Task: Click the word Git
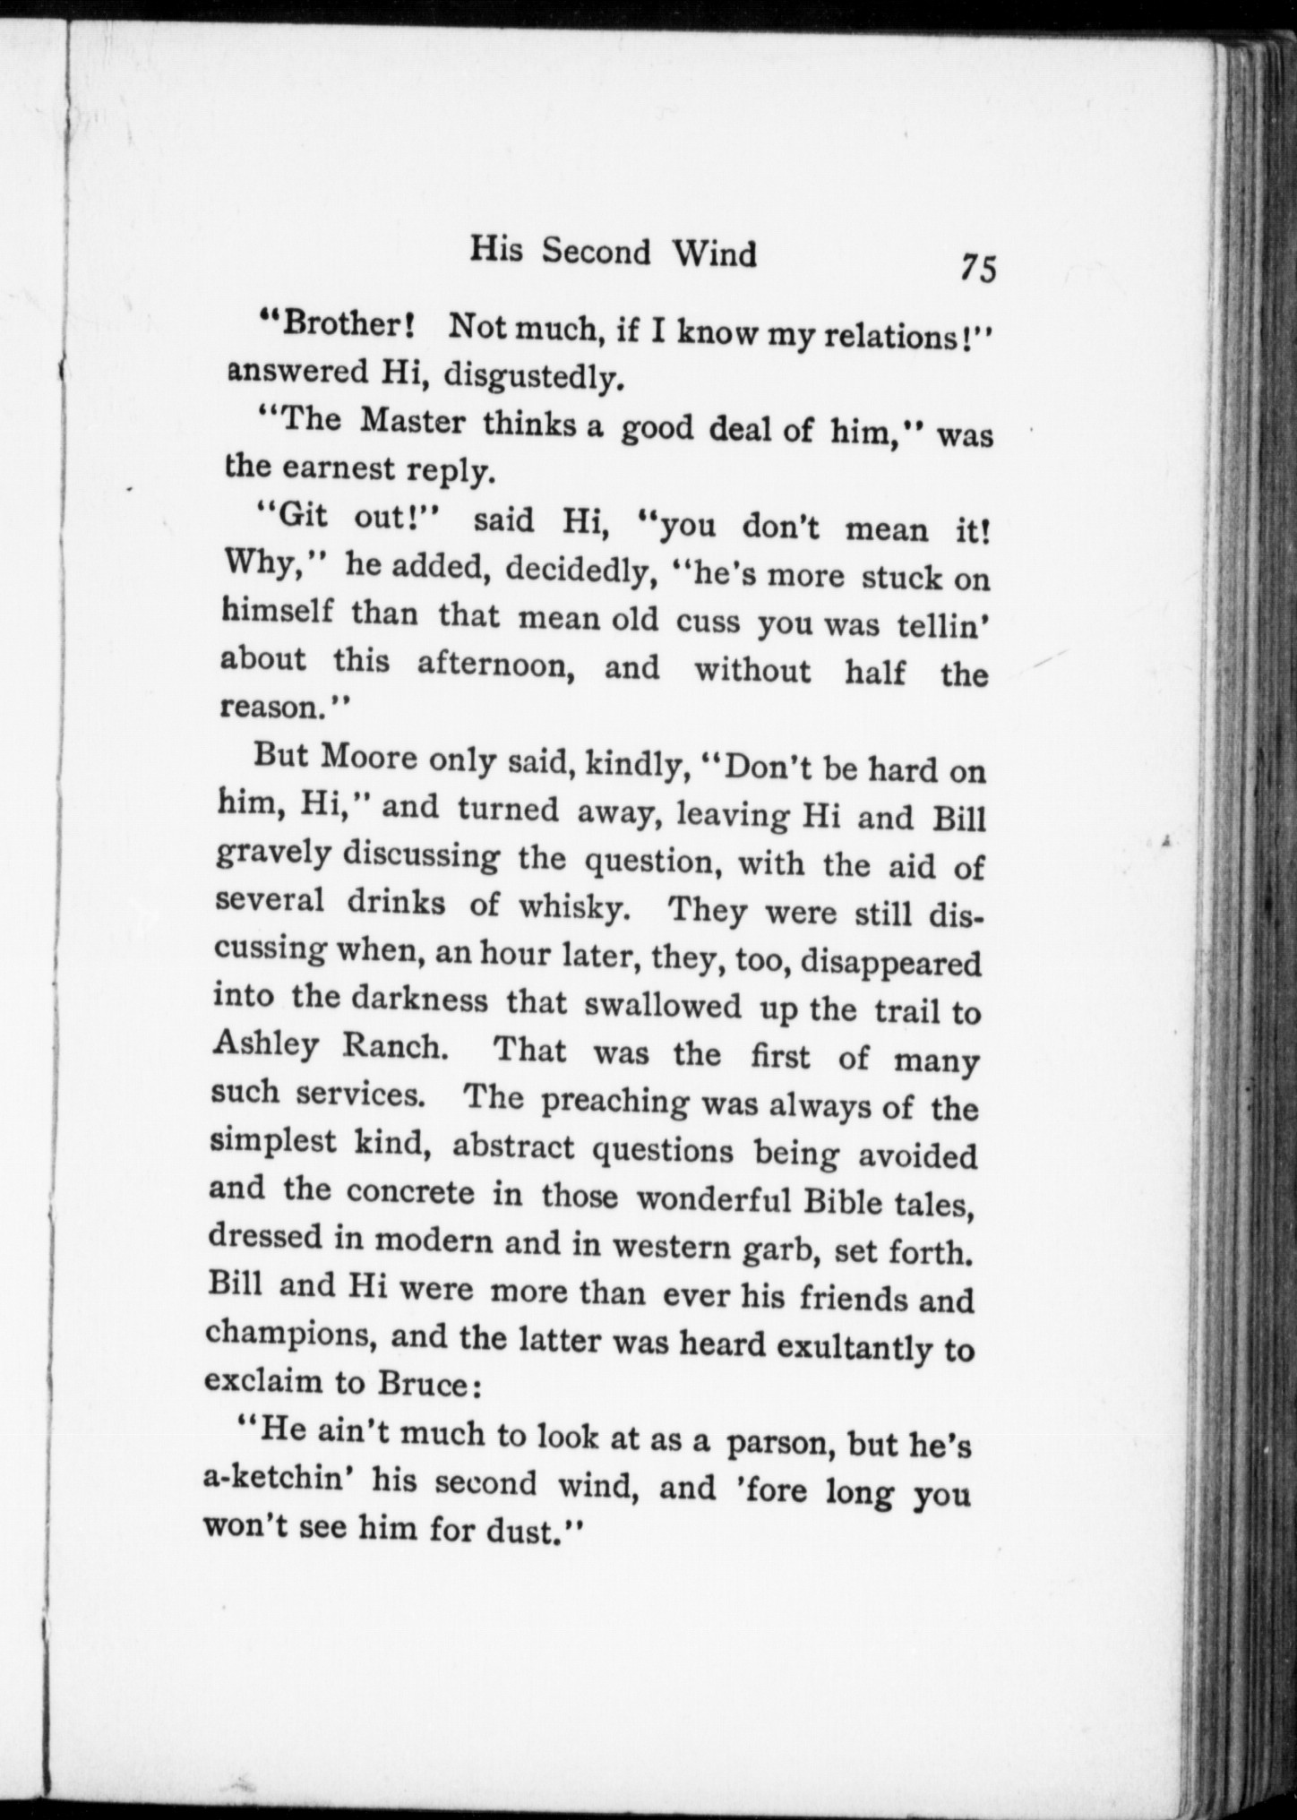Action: pos(286,517)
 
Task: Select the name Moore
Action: pos(368,758)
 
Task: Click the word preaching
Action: pos(614,1101)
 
